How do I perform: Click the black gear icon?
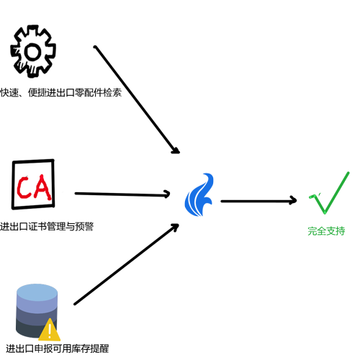tap(33, 51)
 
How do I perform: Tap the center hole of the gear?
tap(32, 52)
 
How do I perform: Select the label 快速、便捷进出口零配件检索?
tap(61, 92)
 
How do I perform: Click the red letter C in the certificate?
tap(23, 187)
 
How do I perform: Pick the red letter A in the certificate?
tap(41, 187)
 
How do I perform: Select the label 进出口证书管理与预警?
tap(47, 226)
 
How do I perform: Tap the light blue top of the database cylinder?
tap(37, 292)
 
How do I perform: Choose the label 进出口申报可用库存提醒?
tap(58, 348)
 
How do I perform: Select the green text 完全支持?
tap(326, 231)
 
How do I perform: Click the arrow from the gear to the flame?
tap(137, 99)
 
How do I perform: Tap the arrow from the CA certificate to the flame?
tap(122, 194)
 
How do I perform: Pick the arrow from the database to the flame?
tap(127, 264)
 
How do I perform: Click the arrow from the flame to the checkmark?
tap(258, 201)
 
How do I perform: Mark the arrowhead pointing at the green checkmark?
tap(293, 200)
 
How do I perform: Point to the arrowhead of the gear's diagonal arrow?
tap(176, 150)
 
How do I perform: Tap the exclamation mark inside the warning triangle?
tap(50, 330)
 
